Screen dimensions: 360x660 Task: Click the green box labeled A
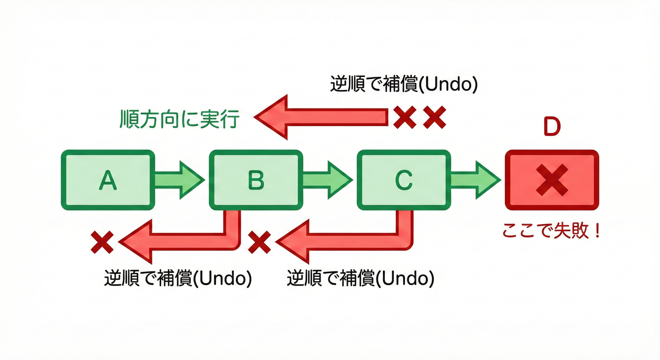click(107, 180)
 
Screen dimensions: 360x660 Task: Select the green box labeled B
click(256, 180)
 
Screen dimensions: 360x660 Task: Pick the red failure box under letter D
click(552, 180)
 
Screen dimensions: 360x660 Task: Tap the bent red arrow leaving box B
click(187, 241)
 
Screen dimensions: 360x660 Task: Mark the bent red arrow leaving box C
click(347, 241)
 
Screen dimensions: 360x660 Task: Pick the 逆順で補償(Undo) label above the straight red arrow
click(404, 84)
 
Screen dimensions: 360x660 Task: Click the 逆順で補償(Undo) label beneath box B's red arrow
click(178, 278)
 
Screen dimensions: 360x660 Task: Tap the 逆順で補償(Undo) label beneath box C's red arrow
click(360, 278)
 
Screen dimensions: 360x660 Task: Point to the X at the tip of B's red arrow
click(102, 242)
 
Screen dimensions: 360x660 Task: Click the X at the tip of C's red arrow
click(260, 242)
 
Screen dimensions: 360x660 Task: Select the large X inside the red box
click(552, 180)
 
